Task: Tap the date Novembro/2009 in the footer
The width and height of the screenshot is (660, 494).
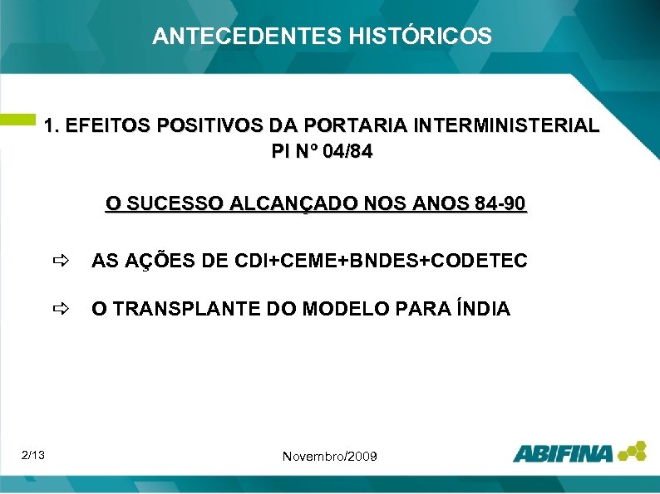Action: coord(330,457)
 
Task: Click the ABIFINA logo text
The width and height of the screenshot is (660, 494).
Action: coord(563,453)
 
